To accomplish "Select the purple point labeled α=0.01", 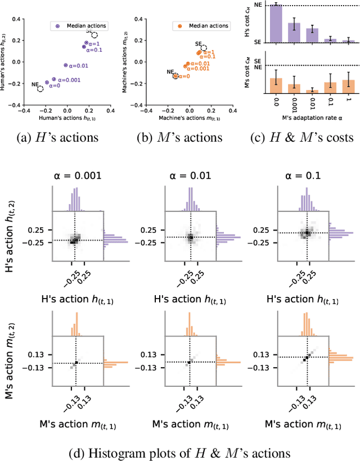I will [x=65, y=65].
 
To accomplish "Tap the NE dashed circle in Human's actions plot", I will [x=40, y=89].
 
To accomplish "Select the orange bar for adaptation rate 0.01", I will [x=312, y=91].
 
